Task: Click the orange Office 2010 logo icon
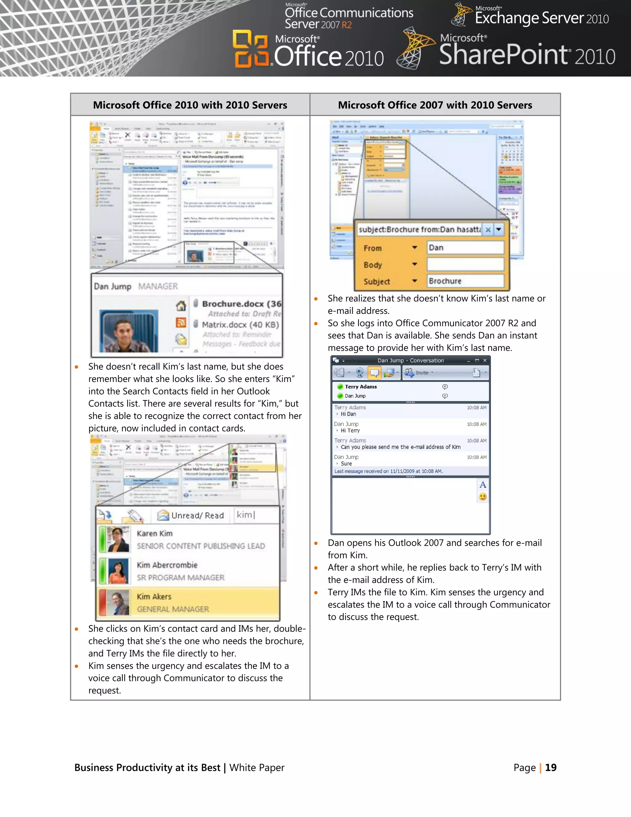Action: [251, 49]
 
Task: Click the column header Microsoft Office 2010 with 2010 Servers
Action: [190, 105]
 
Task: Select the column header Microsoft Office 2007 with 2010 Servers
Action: [435, 105]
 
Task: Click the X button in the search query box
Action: [488, 230]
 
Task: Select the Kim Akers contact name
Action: [154, 597]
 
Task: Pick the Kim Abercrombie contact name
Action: [167, 565]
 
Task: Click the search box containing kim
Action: [256, 515]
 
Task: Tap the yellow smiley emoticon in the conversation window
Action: [482, 497]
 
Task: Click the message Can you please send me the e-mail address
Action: [400, 447]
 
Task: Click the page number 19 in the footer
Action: [551, 768]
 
